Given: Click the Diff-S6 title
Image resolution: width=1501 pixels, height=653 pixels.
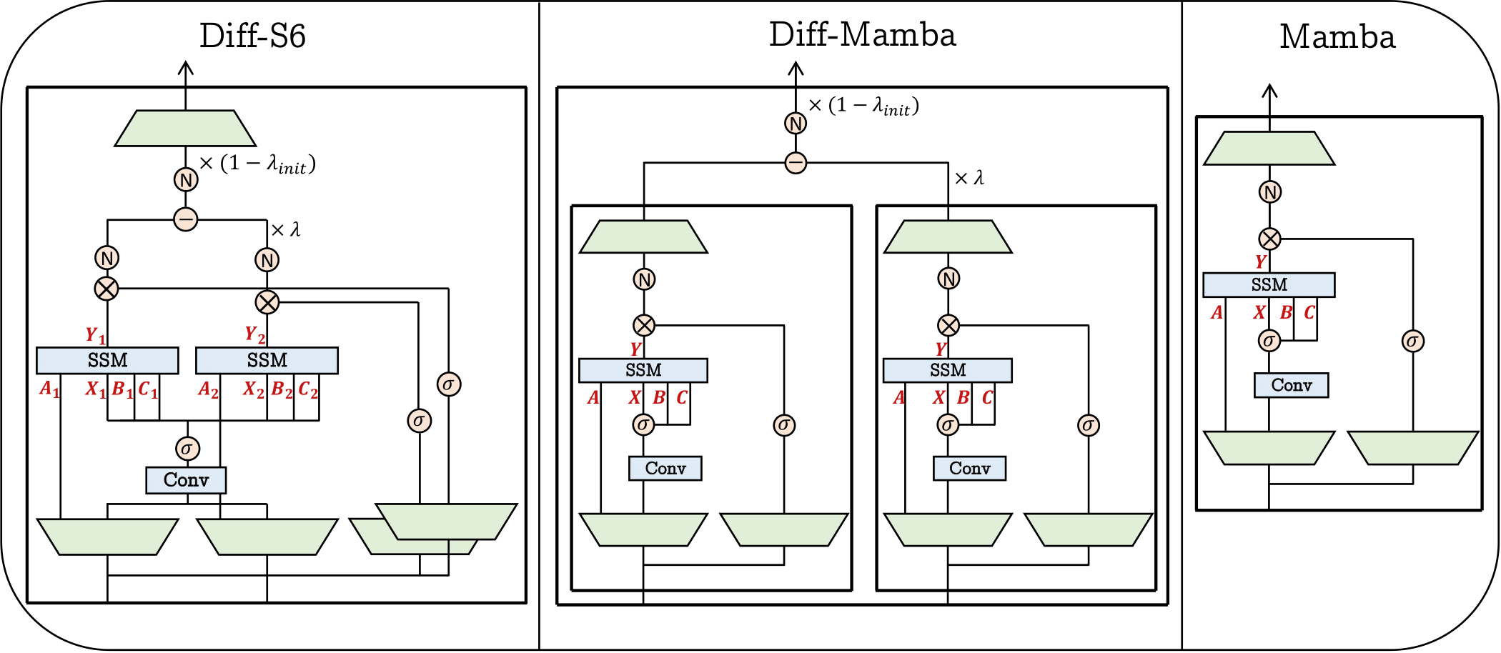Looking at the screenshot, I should tap(252, 36).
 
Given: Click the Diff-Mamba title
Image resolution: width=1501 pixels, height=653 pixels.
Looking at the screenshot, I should tap(862, 34).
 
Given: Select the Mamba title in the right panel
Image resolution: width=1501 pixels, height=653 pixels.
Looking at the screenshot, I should tap(1337, 36).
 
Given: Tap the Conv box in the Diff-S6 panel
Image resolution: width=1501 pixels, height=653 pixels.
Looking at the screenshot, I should tap(186, 480).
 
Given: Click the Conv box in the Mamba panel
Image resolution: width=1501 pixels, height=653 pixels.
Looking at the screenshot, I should tap(1291, 385).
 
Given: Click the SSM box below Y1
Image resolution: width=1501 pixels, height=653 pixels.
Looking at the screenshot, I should tap(107, 360).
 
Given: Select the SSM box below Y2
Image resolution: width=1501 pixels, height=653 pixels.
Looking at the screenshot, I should tap(267, 360).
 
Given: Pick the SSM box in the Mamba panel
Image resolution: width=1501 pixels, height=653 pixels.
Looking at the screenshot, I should tap(1269, 284).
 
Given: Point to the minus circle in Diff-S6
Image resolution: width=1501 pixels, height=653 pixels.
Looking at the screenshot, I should tap(186, 219).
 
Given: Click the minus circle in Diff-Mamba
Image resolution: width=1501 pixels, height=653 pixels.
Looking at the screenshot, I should tap(796, 163).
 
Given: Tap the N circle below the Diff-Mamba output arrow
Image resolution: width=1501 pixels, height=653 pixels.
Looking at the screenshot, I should tap(796, 124).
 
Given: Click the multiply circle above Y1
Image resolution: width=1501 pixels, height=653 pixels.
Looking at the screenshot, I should tap(106, 289).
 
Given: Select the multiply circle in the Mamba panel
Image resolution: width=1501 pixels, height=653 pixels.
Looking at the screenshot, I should tap(1269, 239).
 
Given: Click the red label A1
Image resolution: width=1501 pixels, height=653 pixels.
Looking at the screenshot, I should tap(49, 389).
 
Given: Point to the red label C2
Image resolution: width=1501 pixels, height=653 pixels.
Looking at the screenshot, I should tap(308, 389).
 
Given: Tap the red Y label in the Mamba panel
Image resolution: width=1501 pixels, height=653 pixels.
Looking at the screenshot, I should tap(1260, 261).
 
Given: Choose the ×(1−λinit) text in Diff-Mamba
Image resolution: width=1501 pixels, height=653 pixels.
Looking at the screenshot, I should tap(863, 106).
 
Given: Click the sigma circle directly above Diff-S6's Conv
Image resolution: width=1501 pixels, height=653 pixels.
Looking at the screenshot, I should tap(187, 449).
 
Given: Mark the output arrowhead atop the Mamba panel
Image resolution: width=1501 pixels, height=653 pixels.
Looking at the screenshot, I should tap(1269, 89).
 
